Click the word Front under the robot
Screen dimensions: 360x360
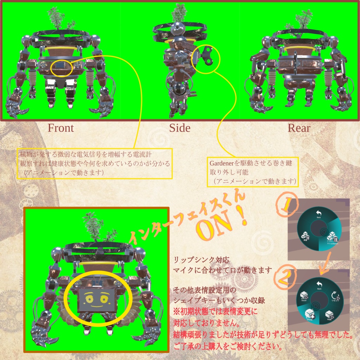[61, 128]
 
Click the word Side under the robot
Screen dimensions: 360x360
[180, 128]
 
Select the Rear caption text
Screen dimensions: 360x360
[299, 128]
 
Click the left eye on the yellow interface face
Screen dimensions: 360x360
[89, 299]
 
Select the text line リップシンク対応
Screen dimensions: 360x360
[201, 261]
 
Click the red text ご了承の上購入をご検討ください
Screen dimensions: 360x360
[228, 347]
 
